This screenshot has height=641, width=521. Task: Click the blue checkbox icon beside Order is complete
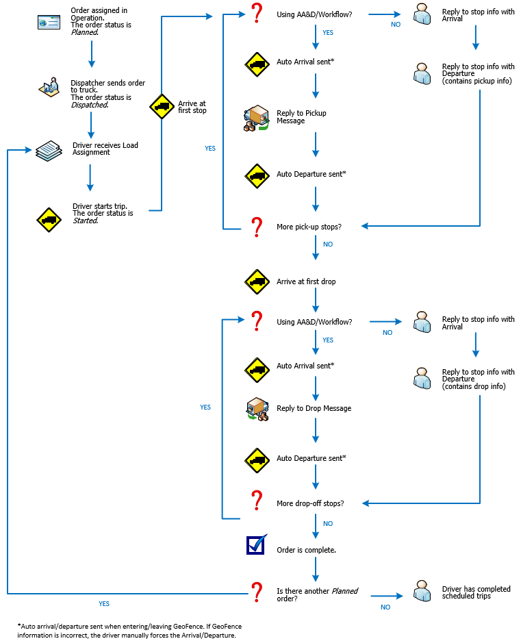[x=256, y=545]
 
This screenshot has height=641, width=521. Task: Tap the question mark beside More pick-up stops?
[x=256, y=226]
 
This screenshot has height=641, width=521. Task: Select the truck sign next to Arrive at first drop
[x=257, y=281]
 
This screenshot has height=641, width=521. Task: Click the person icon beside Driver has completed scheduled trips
[x=422, y=592]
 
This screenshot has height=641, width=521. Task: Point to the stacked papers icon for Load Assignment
[x=49, y=151]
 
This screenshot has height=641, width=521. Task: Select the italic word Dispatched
[x=90, y=105]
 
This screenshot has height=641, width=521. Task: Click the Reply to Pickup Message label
[x=301, y=116]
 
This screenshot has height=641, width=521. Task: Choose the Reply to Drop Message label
[x=314, y=408]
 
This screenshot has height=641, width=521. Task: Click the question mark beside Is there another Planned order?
[x=256, y=592]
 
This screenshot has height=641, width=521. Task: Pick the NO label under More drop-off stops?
[x=327, y=523]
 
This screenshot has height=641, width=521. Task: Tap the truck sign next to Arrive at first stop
[x=162, y=107]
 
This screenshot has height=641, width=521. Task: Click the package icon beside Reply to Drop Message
[x=257, y=409]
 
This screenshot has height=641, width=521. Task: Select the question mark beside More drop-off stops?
[x=256, y=500]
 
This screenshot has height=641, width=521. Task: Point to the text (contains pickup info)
[x=476, y=81]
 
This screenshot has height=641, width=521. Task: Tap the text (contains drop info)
[x=474, y=386]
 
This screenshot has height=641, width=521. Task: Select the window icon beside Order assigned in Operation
[x=49, y=23]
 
